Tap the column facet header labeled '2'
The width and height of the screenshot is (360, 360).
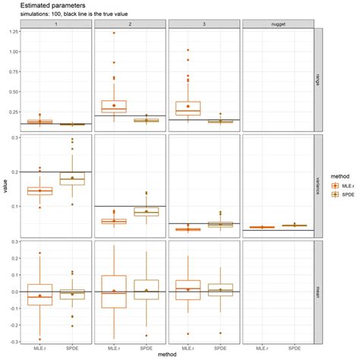click(x=130, y=24)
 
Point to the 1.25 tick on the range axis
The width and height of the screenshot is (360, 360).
click(x=15, y=33)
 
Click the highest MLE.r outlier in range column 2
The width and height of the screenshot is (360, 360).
click(x=113, y=33)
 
